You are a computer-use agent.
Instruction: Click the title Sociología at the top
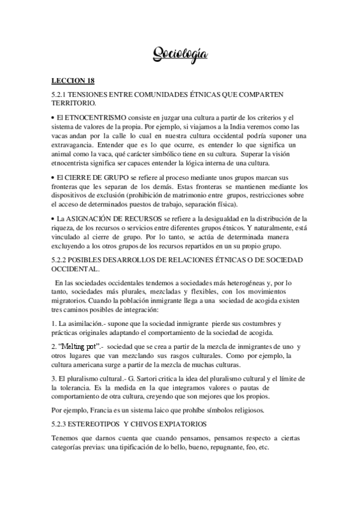pos(180,55)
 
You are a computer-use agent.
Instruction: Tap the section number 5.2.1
pos(60,95)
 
